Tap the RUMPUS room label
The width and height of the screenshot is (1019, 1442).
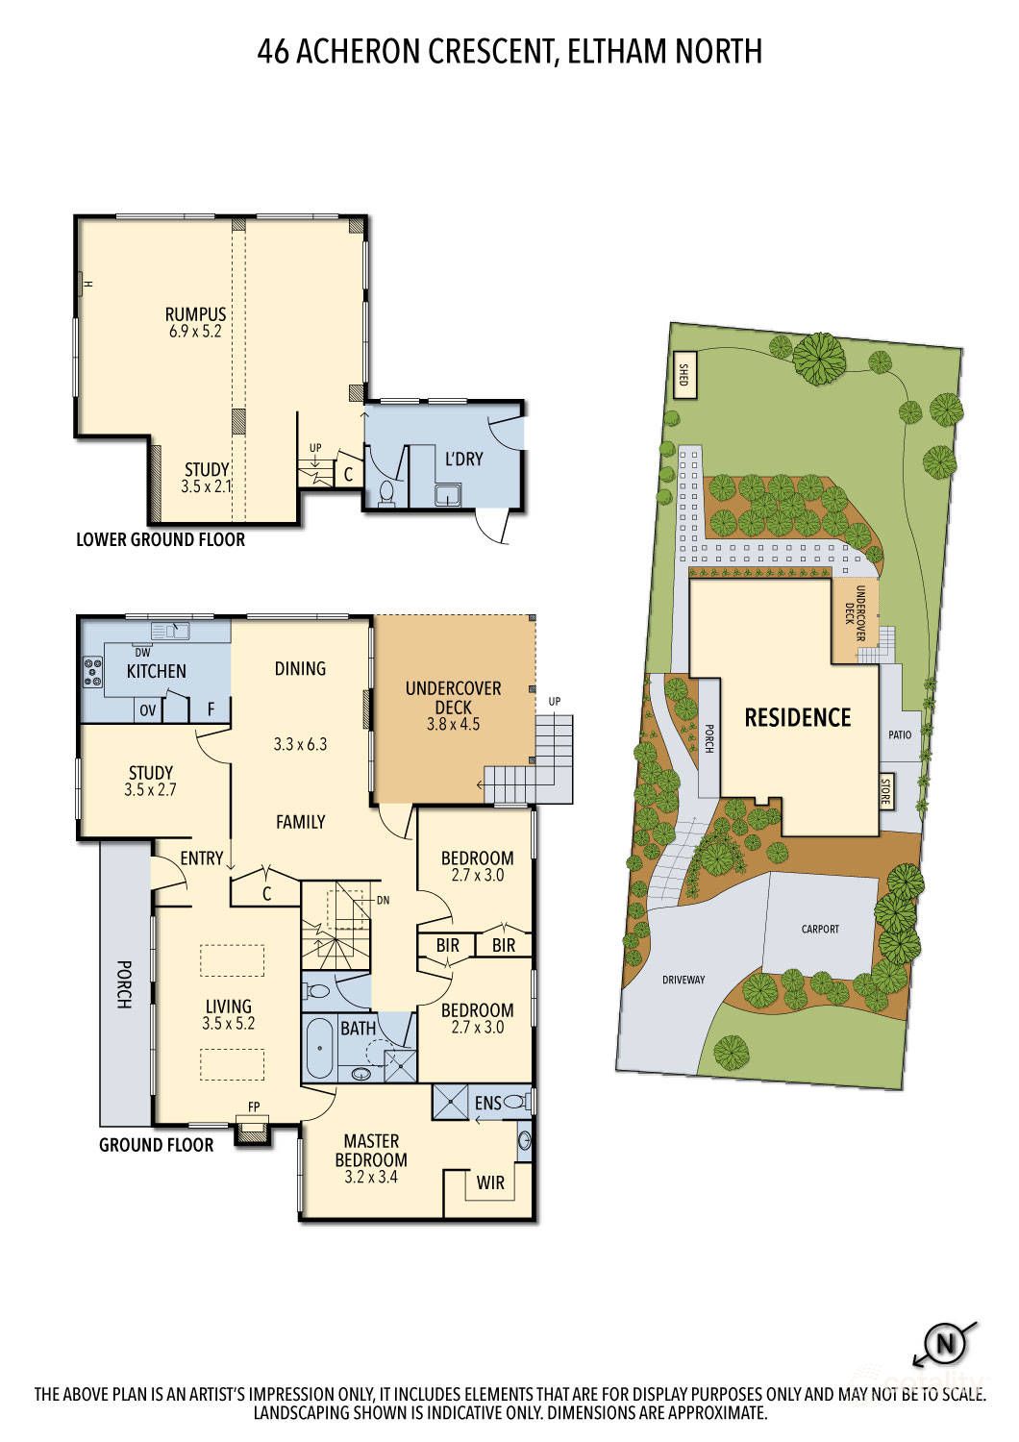pyautogui.click(x=196, y=314)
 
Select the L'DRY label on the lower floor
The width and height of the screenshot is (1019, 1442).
pyautogui.click(x=463, y=459)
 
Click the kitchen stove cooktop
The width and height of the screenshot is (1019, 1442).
pyautogui.click(x=93, y=671)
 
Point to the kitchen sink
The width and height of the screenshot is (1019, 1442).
pyautogui.click(x=170, y=631)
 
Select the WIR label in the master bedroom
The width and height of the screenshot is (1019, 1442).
pyautogui.click(x=490, y=1182)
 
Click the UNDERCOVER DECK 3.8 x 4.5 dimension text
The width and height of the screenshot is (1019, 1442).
pyautogui.click(x=453, y=724)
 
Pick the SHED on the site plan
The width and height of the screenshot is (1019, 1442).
pyautogui.click(x=684, y=375)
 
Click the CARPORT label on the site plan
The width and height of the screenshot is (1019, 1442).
pyautogui.click(x=820, y=929)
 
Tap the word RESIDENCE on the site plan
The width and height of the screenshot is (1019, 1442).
pyautogui.click(x=798, y=718)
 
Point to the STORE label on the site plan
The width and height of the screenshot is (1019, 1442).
pyautogui.click(x=885, y=791)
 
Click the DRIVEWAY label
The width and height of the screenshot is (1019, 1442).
pyautogui.click(x=683, y=980)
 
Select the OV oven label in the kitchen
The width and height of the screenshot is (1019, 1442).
pyautogui.click(x=148, y=710)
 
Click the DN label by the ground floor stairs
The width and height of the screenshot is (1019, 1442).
pyautogui.click(x=383, y=901)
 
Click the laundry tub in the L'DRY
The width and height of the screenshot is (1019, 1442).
pyautogui.click(x=445, y=495)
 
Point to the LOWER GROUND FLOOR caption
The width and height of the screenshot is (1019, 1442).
pyautogui.click(x=161, y=539)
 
